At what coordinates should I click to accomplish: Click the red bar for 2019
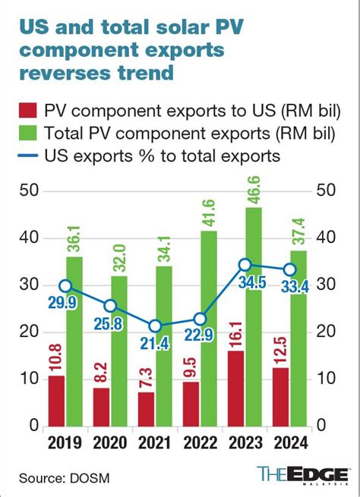tap(55, 400)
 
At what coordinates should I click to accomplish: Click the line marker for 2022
tap(201, 319)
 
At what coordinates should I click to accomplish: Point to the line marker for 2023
tap(245, 264)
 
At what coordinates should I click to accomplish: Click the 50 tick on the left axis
tap(30, 190)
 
